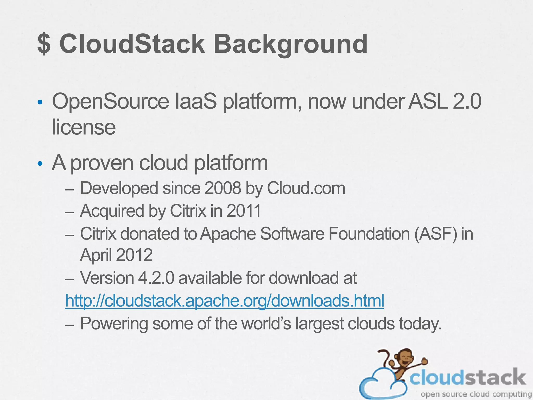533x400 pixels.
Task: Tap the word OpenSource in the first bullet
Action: [x=111, y=102]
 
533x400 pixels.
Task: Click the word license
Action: [x=84, y=127]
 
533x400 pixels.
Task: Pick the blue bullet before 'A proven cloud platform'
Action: [x=40, y=164]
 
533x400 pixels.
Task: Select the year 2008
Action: [x=223, y=188]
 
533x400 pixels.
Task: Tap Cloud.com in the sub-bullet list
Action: [x=306, y=188]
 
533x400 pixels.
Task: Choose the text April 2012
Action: [x=116, y=255]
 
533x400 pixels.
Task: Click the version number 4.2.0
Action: [x=156, y=278]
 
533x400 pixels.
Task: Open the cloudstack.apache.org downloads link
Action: [x=224, y=301]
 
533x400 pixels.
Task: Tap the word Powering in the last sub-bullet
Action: [x=114, y=324]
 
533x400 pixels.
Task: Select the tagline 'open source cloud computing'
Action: [x=476, y=394]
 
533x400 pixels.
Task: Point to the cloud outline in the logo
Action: [x=375, y=385]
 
